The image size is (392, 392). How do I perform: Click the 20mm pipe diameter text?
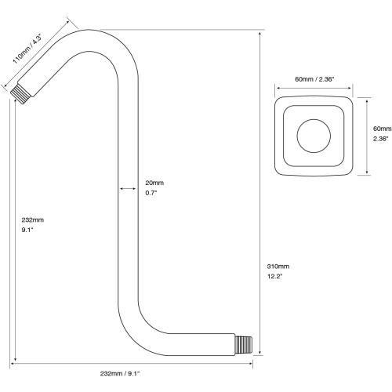coord(154,183)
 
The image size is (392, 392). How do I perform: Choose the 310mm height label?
coord(279,267)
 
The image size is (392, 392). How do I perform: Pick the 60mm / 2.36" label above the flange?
coord(314,78)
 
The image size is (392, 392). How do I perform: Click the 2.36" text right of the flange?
coord(381,138)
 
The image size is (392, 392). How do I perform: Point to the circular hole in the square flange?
coord(314,133)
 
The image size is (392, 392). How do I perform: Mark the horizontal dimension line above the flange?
coord(314,88)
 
